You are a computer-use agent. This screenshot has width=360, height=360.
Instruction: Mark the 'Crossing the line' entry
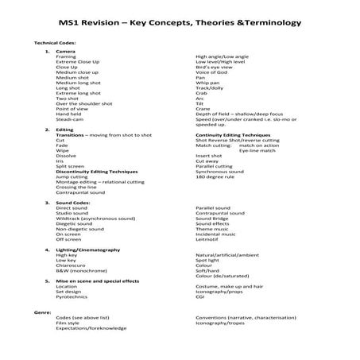pos(76,186)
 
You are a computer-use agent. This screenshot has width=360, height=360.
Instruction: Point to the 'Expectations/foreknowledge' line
pos(91,327)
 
